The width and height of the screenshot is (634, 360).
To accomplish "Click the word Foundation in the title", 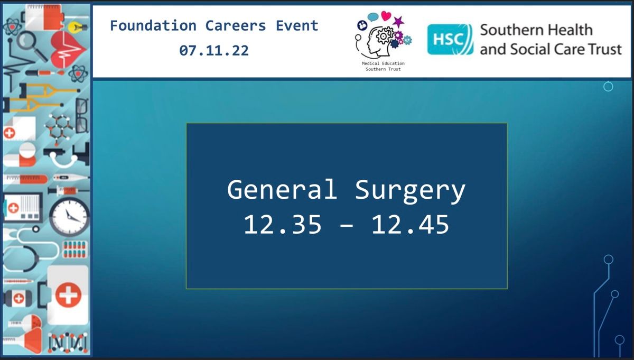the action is tap(153, 25).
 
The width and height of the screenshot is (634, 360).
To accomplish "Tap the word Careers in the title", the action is tap(236, 25).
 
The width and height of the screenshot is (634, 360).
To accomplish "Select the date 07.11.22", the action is tap(214, 50).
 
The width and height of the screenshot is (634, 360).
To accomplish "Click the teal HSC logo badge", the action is tap(450, 39).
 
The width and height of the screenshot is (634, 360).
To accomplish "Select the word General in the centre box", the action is tap(282, 189).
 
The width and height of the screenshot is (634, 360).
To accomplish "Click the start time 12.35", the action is tap(283, 224).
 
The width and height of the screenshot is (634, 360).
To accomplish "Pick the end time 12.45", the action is tap(410, 224).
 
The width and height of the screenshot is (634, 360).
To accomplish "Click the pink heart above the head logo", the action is tap(386, 16).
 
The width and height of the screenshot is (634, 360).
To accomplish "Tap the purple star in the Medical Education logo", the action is tap(398, 22).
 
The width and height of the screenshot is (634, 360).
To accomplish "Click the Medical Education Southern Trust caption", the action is tap(383, 66).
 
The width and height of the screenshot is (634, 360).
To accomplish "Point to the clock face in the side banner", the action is tap(69, 217).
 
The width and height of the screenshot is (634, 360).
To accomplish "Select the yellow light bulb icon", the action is tap(77, 27).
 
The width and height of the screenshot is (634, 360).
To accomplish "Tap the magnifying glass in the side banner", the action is tap(31, 45).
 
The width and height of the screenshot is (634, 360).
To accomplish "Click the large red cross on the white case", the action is tap(68, 295).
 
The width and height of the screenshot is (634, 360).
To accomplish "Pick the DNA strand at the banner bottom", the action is tap(68, 343).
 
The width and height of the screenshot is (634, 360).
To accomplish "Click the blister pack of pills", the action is tap(74, 250).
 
